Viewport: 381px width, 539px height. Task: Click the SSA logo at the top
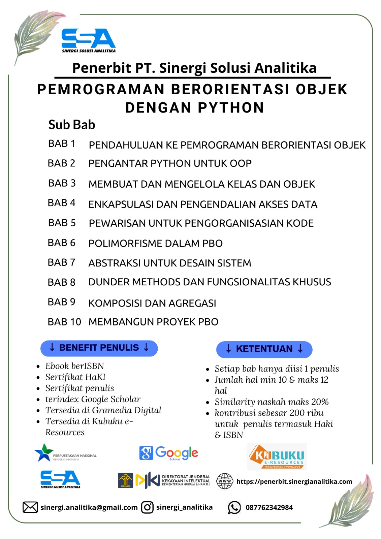88,40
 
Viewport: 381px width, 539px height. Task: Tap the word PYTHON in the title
231,108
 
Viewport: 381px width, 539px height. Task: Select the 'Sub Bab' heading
72,125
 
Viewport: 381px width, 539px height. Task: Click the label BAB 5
62,223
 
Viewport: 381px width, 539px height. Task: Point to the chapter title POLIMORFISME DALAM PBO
155,243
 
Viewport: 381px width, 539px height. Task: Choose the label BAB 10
64,322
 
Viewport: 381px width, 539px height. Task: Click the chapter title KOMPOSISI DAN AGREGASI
152,303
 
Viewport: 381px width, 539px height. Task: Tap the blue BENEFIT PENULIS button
99,348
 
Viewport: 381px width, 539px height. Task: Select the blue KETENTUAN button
264,349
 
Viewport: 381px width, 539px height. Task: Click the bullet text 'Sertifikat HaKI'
75,377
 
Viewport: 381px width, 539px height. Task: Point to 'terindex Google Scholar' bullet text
93,399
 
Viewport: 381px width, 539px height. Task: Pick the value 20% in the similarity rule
320,402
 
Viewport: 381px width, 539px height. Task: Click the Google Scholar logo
168,453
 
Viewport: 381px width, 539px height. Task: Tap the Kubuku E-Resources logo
277,456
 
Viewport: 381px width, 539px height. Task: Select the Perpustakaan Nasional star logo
44,452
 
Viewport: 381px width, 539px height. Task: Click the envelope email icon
30,507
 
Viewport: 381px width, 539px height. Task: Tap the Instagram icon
147,507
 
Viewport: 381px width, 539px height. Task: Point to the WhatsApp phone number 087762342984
269,507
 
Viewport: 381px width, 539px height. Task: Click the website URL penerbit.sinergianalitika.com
294,481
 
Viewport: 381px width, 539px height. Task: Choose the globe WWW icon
224,481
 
